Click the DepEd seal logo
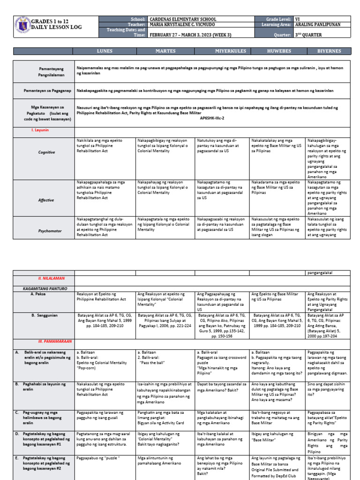coord(22,26)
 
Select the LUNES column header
coord(105,51)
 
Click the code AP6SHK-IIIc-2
coord(214,119)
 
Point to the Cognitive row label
coord(46,152)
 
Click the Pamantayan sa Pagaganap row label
coord(47,90)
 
